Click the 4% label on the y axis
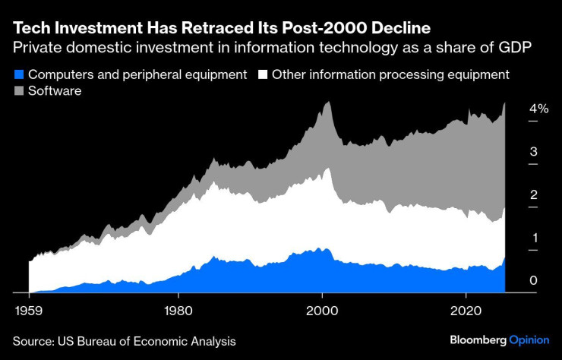pos(538,109)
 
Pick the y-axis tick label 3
pos(534,152)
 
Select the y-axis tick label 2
pos(534,195)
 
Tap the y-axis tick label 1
pos(534,238)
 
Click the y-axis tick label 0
pos(534,281)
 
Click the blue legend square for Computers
pos(20,74)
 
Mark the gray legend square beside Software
pos(20,91)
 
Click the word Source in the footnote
pos(33,342)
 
